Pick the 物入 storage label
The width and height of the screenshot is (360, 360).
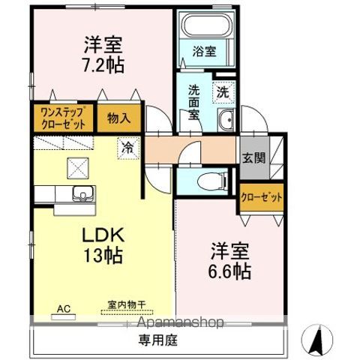tap(118, 117)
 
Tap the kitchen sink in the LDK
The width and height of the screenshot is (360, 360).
tap(78, 196)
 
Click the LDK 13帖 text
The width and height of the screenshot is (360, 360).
tap(101, 244)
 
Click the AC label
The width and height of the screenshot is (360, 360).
tap(64, 308)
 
